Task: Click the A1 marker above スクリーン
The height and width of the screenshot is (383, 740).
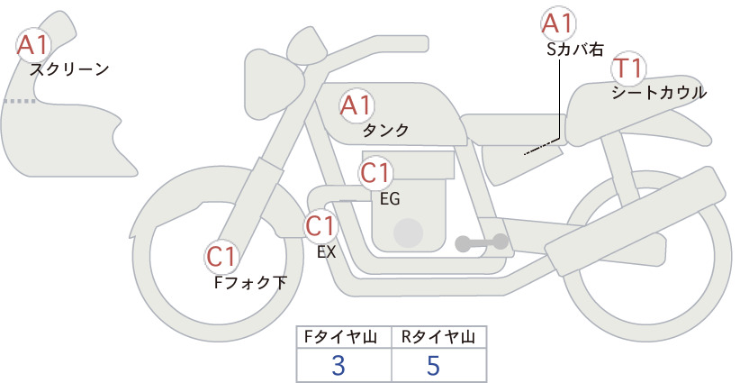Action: [x=33, y=44]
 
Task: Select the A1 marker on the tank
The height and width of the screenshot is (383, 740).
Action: [x=356, y=105]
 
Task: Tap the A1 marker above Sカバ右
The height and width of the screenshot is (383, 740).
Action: [x=558, y=23]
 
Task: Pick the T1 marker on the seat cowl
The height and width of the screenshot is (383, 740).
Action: [x=628, y=68]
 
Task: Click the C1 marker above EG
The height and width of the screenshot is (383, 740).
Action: [x=376, y=173]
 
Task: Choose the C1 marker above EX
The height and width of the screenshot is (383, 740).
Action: [x=320, y=225]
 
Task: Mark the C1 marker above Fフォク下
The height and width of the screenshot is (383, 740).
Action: [x=221, y=257]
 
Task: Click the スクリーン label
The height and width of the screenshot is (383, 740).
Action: [x=69, y=69]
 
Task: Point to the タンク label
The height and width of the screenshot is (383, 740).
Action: [x=385, y=130]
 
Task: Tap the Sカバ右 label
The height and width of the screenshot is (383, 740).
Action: [x=575, y=50]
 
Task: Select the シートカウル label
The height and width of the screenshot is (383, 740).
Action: [x=659, y=92]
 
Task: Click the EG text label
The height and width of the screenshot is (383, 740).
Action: [x=390, y=199]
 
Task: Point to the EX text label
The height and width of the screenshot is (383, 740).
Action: [x=326, y=252]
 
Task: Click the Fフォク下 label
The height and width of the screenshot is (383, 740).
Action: [x=250, y=282]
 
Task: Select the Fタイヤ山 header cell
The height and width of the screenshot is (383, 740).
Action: [x=344, y=337]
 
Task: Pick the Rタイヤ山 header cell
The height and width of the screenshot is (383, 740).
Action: [x=439, y=337]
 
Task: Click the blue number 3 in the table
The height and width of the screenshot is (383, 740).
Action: [x=338, y=365]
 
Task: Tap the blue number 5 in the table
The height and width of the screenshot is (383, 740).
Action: [x=433, y=365]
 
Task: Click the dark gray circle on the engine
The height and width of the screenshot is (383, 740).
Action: [x=408, y=233]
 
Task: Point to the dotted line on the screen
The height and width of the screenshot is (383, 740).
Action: [x=19, y=101]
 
